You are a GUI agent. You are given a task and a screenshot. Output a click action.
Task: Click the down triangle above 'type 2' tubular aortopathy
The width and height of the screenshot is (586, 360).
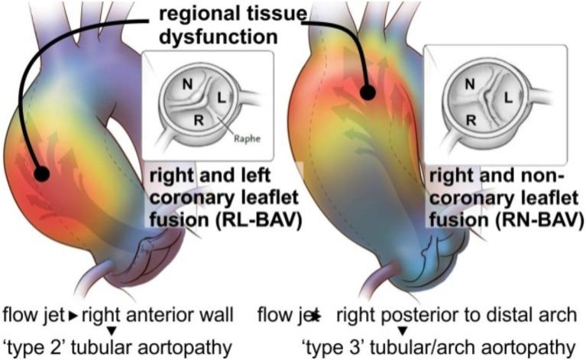tap(112, 330)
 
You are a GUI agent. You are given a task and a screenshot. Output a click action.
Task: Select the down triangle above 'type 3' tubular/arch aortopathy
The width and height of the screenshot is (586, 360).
tap(401, 330)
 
